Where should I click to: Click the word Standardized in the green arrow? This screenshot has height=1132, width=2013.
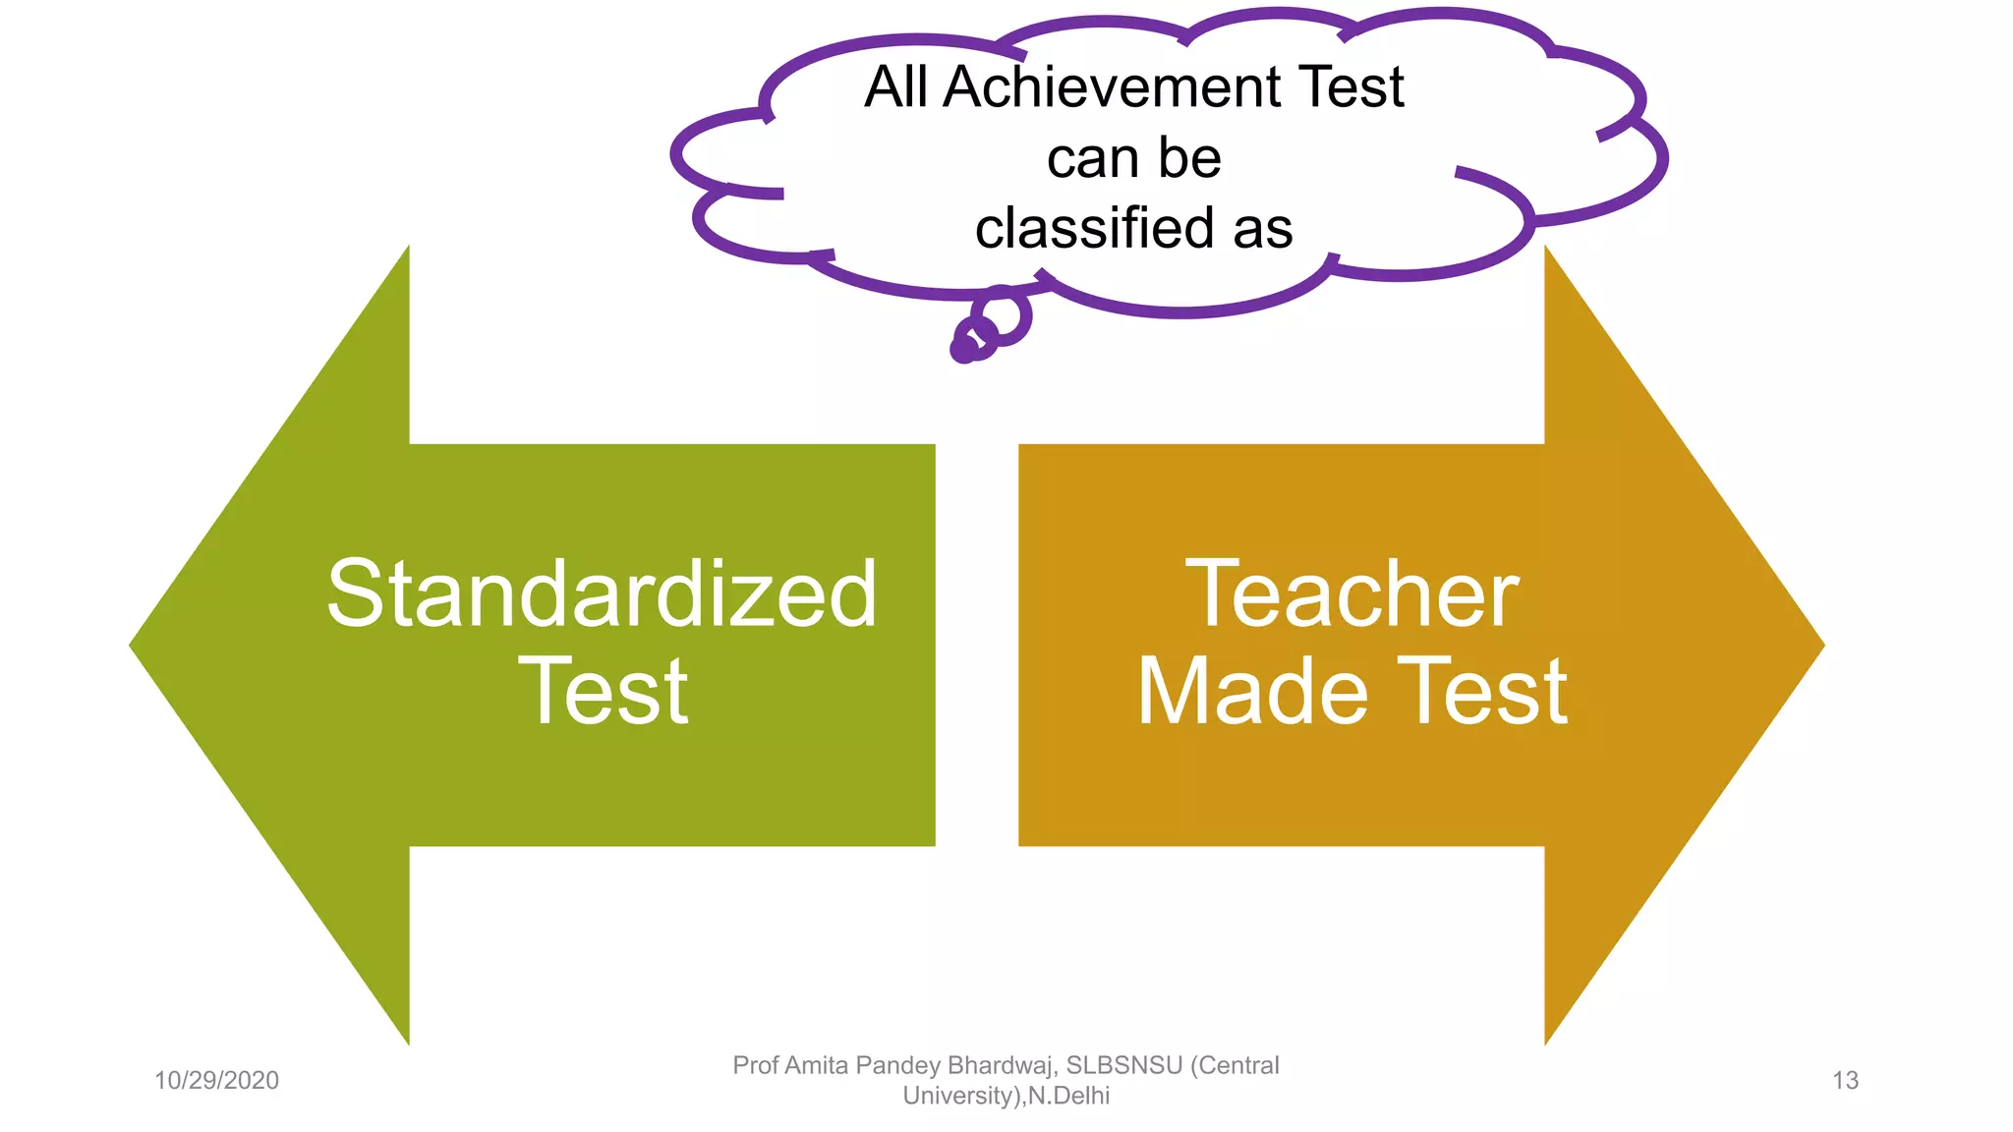[x=602, y=594]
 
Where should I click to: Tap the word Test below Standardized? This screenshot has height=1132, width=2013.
[x=604, y=693]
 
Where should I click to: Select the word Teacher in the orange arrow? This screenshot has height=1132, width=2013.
[x=1352, y=594]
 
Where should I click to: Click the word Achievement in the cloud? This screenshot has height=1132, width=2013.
[x=1113, y=87]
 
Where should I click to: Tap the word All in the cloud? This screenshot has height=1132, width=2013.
[x=896, y=87]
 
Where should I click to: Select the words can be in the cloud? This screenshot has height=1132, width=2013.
[x=1133, y=158]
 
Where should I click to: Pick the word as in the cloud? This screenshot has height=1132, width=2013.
[x=1263, y=230]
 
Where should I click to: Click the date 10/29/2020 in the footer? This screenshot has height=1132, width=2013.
[x=216, y=1081]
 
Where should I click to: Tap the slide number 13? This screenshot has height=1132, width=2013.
[x=1845, y=1081]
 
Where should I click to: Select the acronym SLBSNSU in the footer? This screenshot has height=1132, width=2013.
[x=1124, y=1065]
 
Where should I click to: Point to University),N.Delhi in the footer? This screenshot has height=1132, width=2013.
[x=1006, y=1096]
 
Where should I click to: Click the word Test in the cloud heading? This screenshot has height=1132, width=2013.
[x=1352, y=87]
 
